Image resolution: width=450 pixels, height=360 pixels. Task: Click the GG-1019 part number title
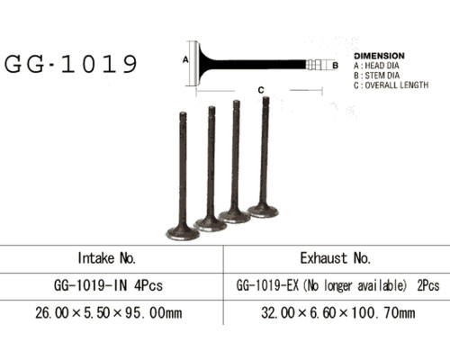(x=71, y=64)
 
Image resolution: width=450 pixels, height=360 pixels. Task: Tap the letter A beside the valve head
(x=185, y=59)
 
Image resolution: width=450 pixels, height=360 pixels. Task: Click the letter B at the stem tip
(x=336, y=65)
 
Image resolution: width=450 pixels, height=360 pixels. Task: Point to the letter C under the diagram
(x=261, y=90)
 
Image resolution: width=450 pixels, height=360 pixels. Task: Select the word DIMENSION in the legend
(x=379, y=56)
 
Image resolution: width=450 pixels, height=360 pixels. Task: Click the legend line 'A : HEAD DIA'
(x=376, y=66)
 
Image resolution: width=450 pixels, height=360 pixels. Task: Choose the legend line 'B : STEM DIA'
(x=376, y=76)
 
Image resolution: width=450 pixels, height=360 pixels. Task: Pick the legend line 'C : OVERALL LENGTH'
(x=391, y=85)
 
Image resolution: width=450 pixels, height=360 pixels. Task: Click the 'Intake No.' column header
(x=107, y=258)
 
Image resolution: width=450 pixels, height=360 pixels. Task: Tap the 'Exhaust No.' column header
(x=336, y=258)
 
